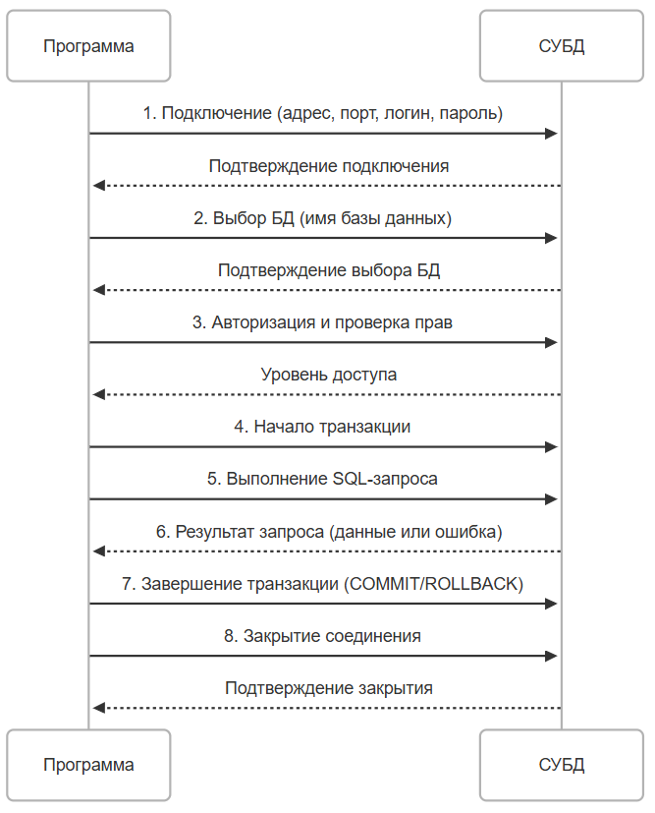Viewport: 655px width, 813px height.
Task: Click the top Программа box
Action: pos(88,46)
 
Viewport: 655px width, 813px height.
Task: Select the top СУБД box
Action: pos(562,46)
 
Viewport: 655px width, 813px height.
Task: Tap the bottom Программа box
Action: pos(88,765)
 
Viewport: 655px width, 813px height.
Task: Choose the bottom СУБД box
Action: pos(562,765)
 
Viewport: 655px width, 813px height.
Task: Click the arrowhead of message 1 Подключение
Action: pos(551,134)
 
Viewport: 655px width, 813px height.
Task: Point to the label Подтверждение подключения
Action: pos(329,166)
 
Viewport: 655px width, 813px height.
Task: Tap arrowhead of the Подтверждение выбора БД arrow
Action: pos(99,290)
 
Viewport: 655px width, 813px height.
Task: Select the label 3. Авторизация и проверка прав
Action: pos(322,322)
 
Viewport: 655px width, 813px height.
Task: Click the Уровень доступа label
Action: pos(329,375)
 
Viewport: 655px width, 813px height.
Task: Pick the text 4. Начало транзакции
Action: pos(322,427)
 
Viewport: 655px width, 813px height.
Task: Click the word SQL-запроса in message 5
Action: pos(385,479)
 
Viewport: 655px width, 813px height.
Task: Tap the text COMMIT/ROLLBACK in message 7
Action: pos(434,584)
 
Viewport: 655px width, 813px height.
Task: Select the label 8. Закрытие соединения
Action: pos(322,636)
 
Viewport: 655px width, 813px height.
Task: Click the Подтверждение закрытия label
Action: pos(329,688)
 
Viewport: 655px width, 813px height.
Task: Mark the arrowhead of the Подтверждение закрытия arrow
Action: pos(99,708)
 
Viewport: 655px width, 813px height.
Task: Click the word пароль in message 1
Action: pos(470,113)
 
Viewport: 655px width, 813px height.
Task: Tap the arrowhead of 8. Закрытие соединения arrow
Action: pos(551,656)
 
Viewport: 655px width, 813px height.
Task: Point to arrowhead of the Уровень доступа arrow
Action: pos(99,394)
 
